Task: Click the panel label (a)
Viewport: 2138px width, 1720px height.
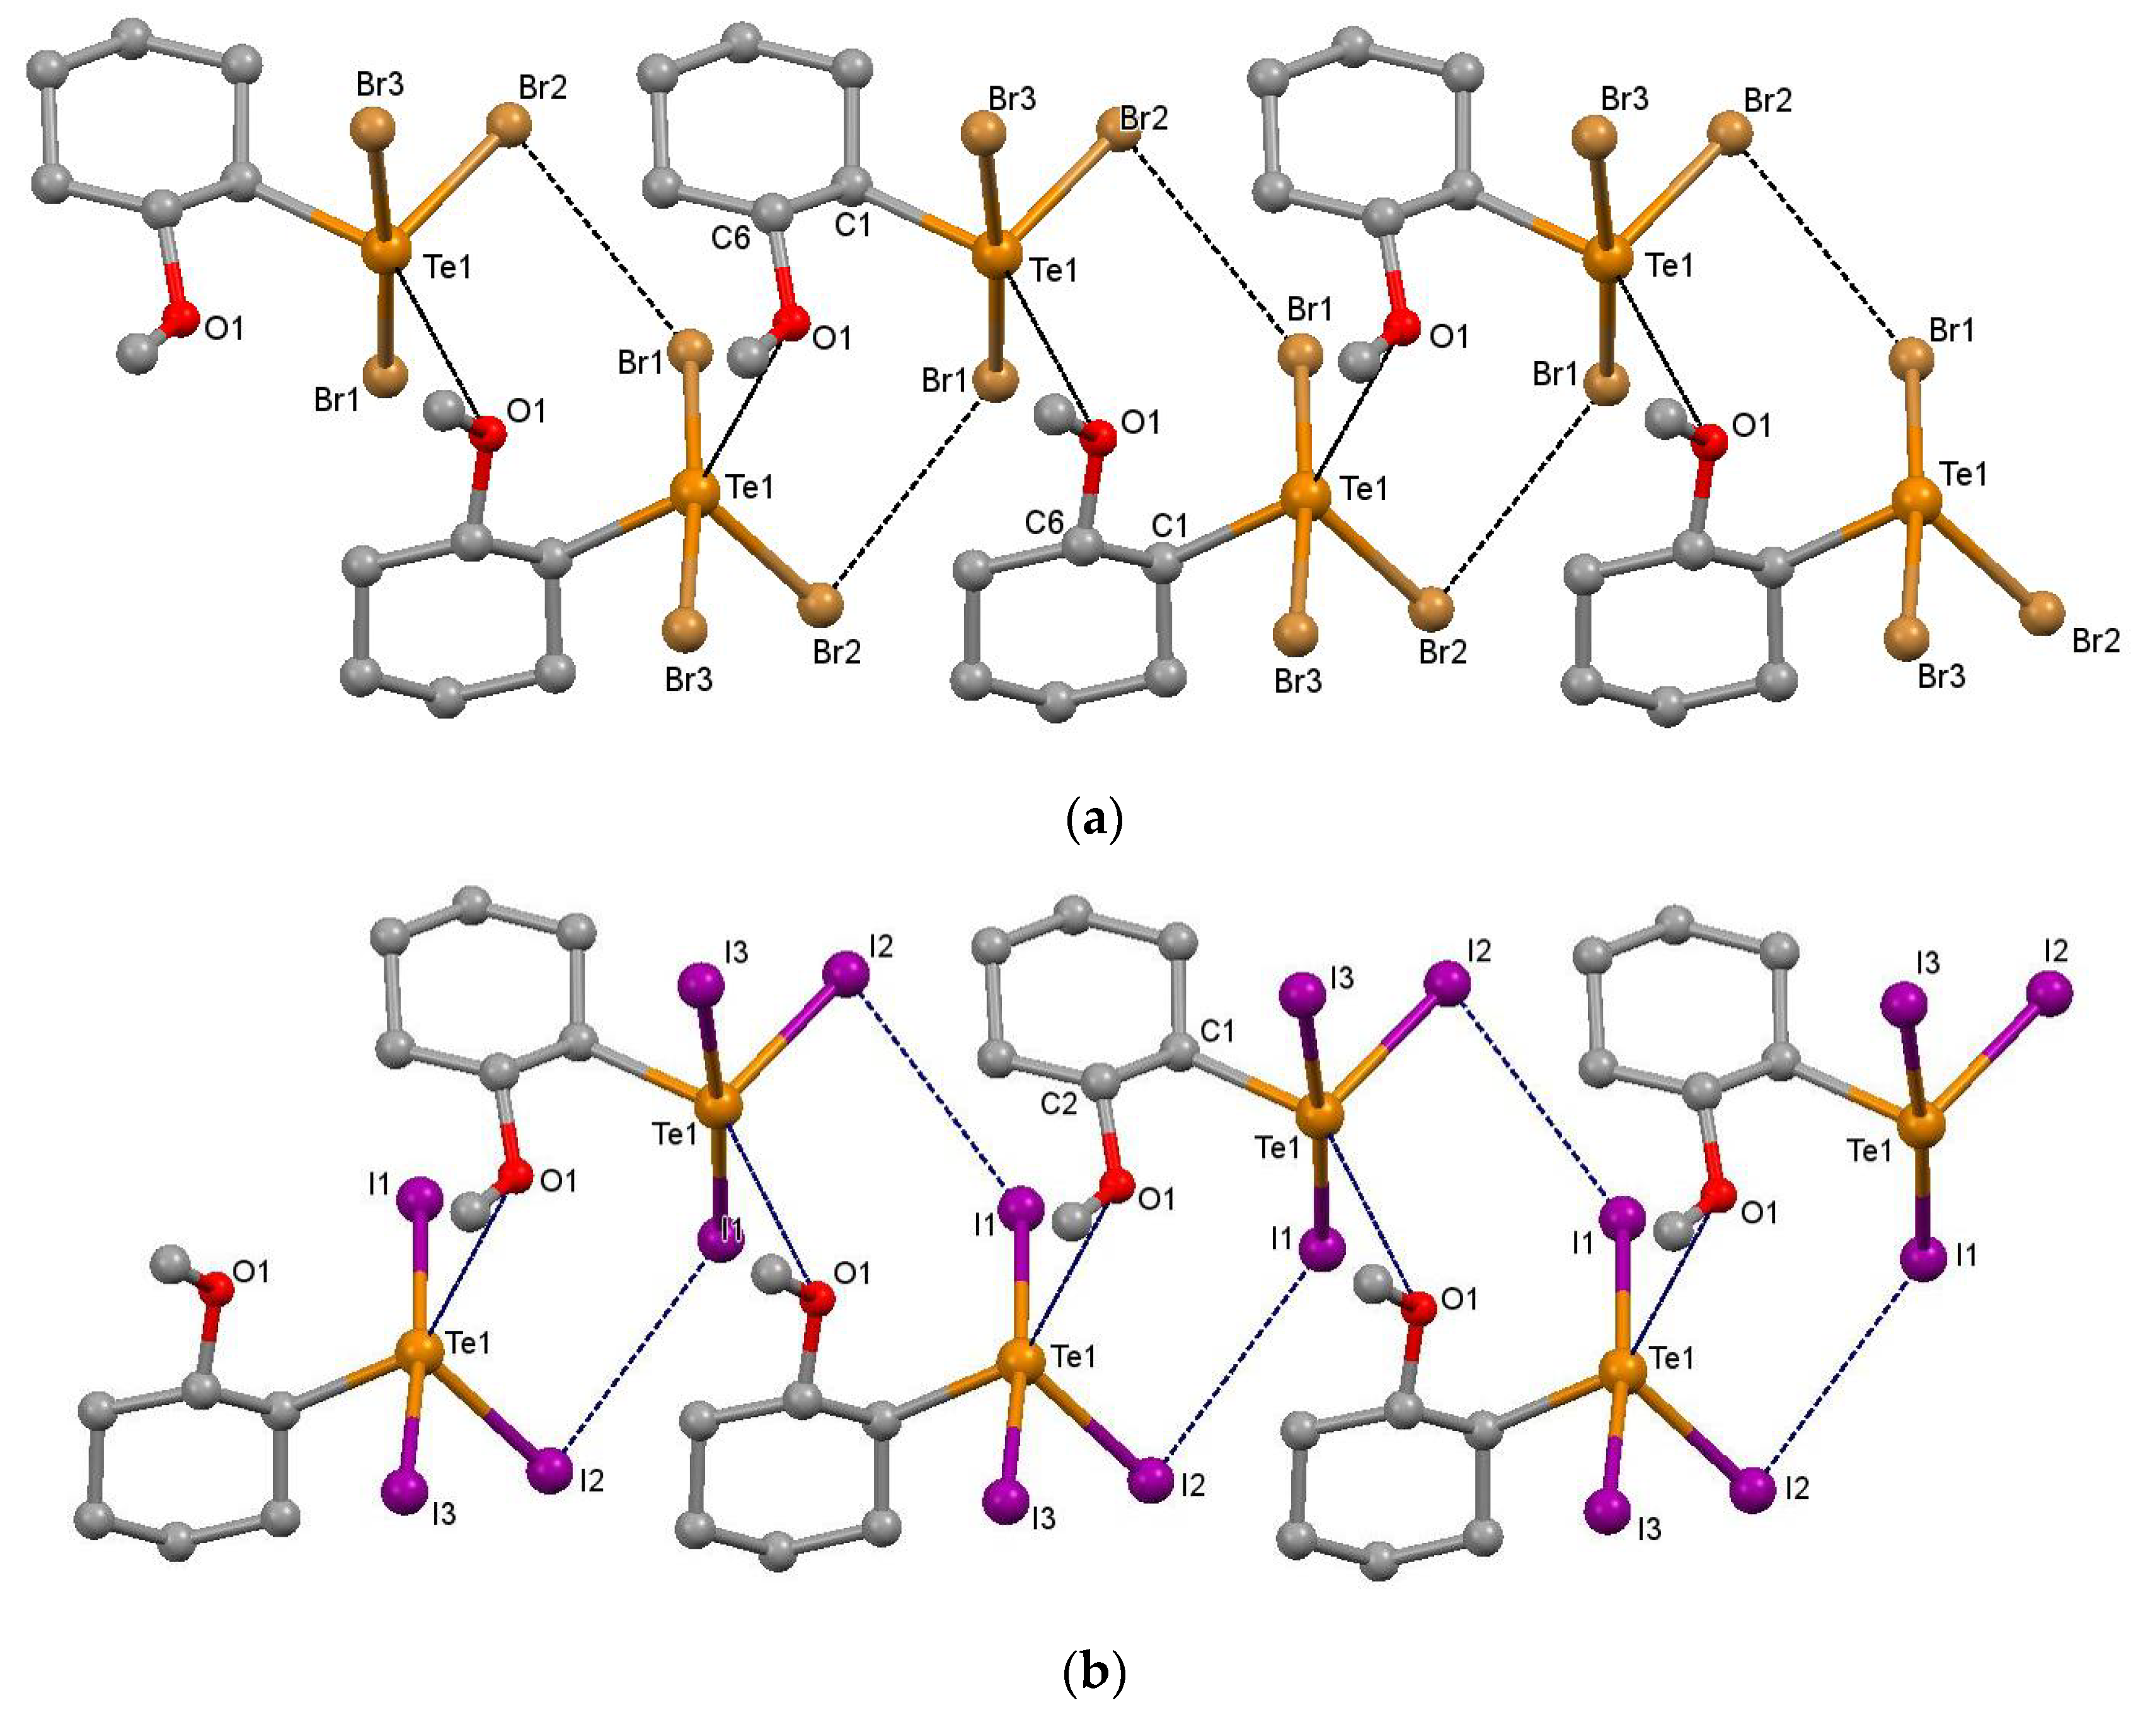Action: [1095, 821]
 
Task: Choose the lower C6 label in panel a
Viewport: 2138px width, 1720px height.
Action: [1044, 523]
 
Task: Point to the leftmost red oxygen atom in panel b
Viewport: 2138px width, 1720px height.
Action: [216, 1288]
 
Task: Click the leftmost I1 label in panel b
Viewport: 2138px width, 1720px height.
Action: [379, 1183]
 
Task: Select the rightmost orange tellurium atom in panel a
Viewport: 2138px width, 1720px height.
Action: [1916, 496]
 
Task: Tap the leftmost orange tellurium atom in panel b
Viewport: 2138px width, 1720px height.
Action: [418, 1350]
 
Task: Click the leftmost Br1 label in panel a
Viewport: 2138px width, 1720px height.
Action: [337, 401]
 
